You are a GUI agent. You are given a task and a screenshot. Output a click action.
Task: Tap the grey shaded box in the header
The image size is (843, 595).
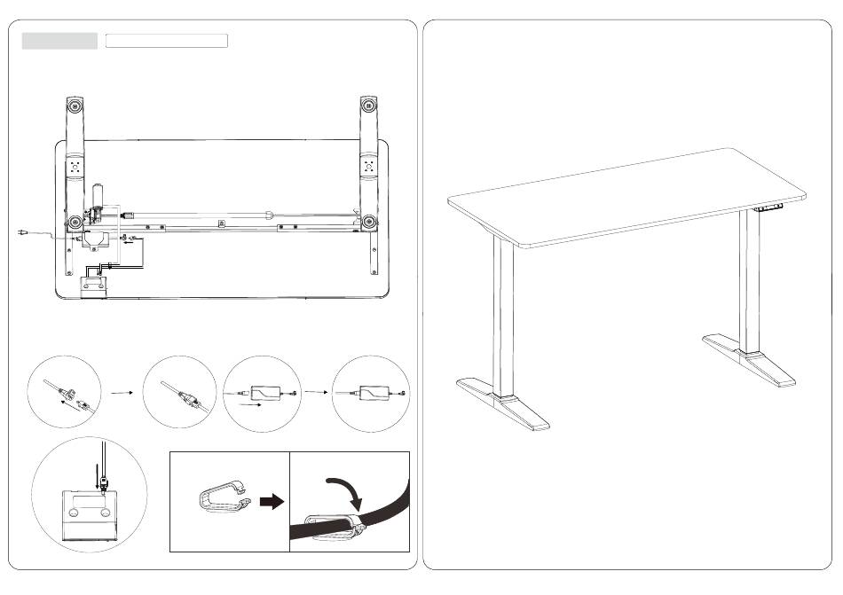[x=59, y=41]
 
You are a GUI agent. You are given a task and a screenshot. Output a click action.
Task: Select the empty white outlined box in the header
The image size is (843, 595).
[x=167, y=41]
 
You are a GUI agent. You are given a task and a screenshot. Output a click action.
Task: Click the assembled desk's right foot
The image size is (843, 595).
[x=754, y=358]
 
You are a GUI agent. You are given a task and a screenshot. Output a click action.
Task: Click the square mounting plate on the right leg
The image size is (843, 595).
[x=370, y=166]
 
